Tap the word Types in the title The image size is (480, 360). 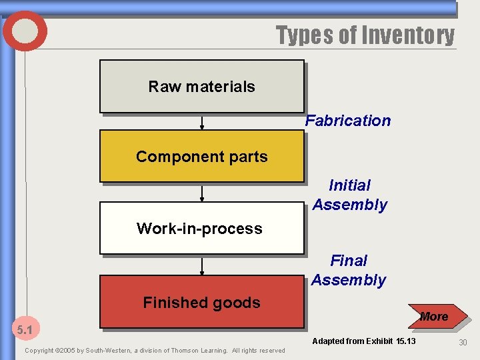(305, 35)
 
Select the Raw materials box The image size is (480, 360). (201, 87)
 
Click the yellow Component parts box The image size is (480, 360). (201, 157)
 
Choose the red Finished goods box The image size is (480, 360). (201, 303)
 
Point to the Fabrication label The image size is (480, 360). (348, 121)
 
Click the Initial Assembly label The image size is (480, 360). (350, 195)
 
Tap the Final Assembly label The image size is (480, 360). (349, 270)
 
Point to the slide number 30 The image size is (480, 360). (463, 342)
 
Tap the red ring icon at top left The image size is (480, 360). (25, 31)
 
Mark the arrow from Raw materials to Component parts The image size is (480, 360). (202, 122)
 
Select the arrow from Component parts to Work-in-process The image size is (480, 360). (202, 193)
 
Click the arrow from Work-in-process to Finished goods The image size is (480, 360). (202, 267)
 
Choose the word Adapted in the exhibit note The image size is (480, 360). (329, 341)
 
